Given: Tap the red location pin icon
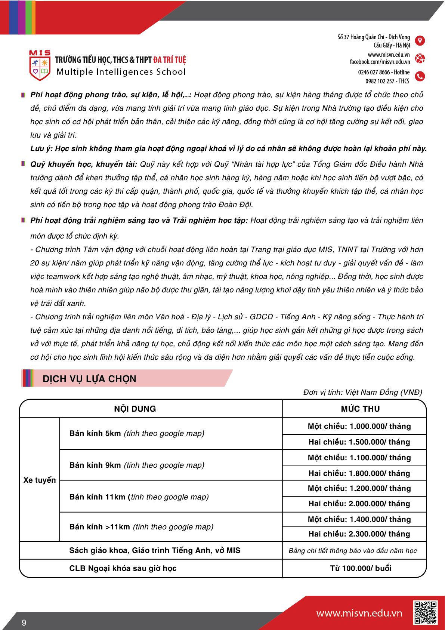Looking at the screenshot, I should pos(420,40).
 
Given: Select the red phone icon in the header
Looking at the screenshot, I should pos(420,76).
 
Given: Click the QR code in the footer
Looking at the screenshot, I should pos(425,612).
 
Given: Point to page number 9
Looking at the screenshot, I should pos(24,623).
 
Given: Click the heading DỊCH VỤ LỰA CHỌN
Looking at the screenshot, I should pos(89,379).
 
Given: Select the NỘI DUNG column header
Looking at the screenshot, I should pos(135,409).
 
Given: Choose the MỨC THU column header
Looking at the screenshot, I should pos(360,409).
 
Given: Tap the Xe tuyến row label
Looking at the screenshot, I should pos(40,480).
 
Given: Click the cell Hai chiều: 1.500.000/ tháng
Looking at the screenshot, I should pos(359,442).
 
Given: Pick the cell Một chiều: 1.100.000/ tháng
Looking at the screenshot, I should pos(359,458).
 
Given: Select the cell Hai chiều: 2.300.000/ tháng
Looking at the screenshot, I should pos(359,534).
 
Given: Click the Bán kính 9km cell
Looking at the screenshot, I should pos(137,465).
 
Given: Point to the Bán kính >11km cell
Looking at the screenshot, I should pos(141,527).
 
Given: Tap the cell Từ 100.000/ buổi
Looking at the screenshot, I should pos(361,568).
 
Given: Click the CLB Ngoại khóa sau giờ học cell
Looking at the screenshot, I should pos(123,568).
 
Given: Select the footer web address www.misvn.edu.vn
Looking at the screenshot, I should pos(359,613).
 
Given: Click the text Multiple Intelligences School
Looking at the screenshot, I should pos(121,72).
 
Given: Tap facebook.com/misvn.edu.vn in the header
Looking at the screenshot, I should pos(380,62).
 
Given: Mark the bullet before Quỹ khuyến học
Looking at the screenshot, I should pos(24,164).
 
